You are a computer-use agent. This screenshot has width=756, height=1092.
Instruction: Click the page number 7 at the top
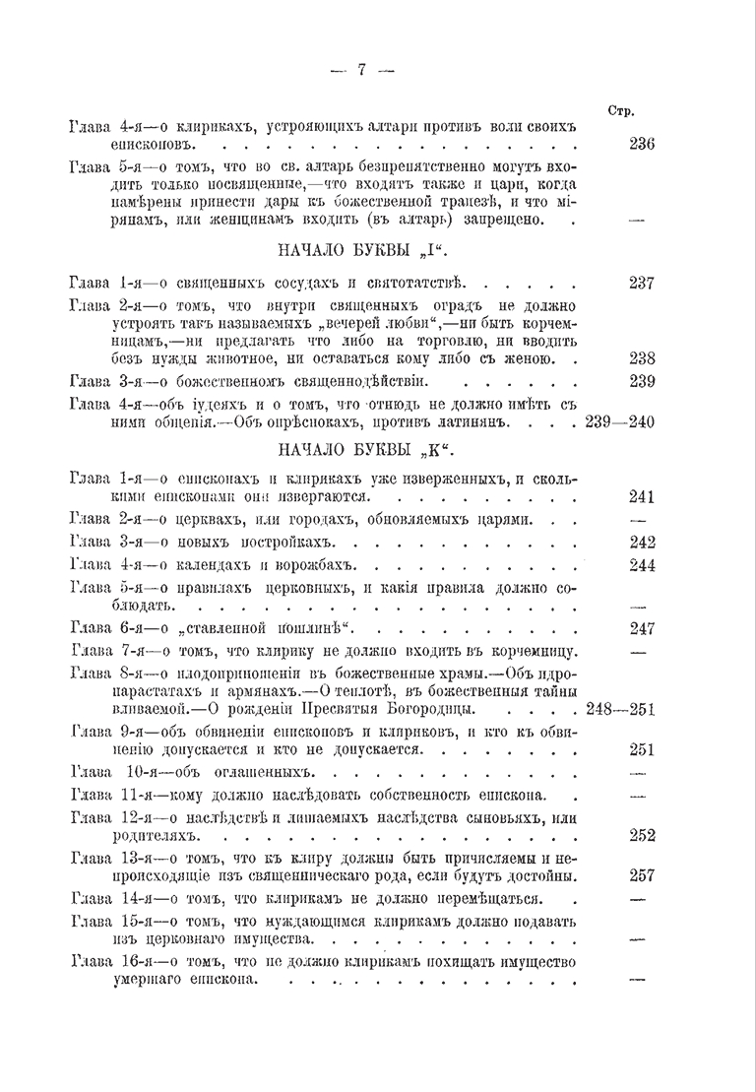click(x=361, y=69)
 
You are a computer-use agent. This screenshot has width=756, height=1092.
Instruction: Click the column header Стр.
click(x=621, y=111)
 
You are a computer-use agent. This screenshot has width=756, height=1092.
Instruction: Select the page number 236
click(x=642, y=144)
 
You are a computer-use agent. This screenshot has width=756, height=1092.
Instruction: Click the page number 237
click(x=642, y=283)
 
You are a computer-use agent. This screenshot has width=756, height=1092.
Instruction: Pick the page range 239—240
click(x=619, y=422)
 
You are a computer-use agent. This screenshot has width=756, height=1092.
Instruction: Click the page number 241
click(x=642, y=496)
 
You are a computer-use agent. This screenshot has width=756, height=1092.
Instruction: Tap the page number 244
click(x=642, y=565)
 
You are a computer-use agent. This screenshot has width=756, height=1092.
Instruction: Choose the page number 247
click(x=642, y=628)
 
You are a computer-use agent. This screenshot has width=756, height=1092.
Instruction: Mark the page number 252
click(x=642, y=835)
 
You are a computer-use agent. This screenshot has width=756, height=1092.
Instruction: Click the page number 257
click(x=642, y=875)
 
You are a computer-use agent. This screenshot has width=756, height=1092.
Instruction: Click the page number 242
click(x=642, y=543)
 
